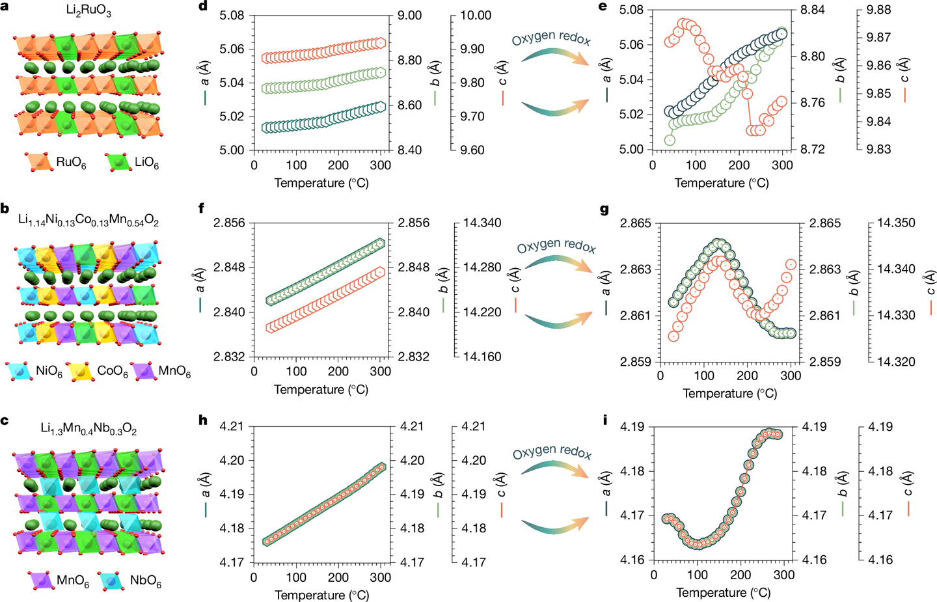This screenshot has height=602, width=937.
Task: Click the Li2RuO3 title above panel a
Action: [x=88, y=11]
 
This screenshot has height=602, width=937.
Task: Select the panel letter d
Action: [x=203, y=7]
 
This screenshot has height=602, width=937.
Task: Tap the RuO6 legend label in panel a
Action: [x=71, y=163]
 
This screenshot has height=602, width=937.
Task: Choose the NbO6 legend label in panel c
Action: [x=145, y=581]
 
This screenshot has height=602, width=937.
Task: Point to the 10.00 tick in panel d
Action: [x=476, y=16]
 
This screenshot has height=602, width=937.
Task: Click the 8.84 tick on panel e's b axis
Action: [x=813, y=10]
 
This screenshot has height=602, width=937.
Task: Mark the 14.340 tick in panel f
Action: [x=482, y=223]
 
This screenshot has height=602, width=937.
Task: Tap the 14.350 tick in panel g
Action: [x=896, y=223]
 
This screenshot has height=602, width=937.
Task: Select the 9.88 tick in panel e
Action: [x=879, y=10]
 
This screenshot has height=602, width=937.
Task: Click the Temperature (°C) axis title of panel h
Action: [x=321, y=595]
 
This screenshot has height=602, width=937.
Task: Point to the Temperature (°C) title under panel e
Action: [x=722, y=183]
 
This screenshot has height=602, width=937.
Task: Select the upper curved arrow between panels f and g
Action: [x=558, y=263]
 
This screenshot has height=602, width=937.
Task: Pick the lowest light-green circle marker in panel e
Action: [x=670, y=140]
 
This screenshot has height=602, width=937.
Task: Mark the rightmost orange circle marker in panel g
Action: [x=791, y=264]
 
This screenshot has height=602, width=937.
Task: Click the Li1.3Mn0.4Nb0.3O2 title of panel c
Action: [x=88, y=429]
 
